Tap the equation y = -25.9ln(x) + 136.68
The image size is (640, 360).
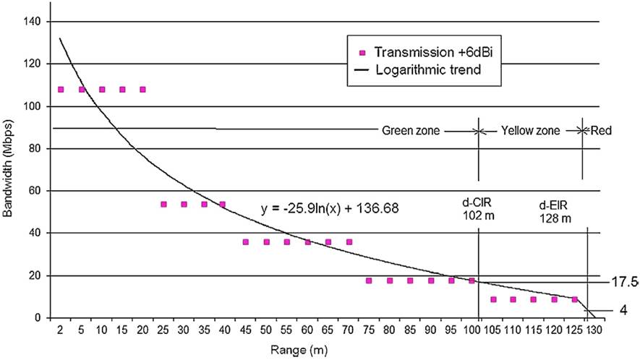[330, 209]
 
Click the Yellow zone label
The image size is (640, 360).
[532, 132]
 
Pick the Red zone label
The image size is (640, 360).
[600, 132]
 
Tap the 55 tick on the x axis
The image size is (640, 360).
[287, 330]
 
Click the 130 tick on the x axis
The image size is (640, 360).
[593, 330]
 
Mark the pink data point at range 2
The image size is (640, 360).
[61, 90]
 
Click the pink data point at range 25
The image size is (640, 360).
[163, 205]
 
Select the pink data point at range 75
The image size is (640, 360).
[369, 280]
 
